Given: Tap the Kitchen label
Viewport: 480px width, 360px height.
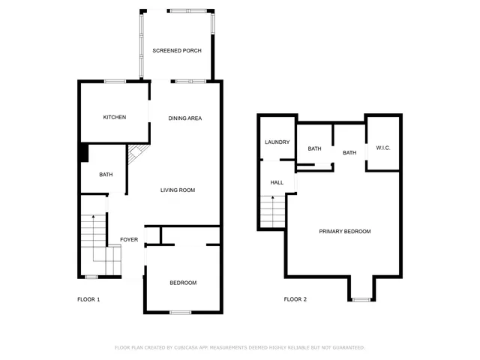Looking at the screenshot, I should click(x=115, y=117).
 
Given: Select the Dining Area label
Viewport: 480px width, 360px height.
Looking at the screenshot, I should click(x=184, y=118).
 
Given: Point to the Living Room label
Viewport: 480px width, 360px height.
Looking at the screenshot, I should click(x=178, y=190).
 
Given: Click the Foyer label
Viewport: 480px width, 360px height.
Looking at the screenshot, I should click(x=129, y=240).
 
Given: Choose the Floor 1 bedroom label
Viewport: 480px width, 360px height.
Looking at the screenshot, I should click(x=183, y=283).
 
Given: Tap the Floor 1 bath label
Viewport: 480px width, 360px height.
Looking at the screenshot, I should click(x=106, y=175).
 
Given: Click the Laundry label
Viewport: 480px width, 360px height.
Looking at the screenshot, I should click(x=277, y=142).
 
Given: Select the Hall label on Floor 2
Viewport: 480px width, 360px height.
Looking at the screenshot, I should click(x=277, y=182).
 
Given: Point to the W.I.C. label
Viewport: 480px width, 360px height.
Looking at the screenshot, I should click(x=383, y=148).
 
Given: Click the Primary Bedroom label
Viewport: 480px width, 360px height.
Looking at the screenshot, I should click(x=345, y=232).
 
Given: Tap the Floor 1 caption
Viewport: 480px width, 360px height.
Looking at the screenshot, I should click(x=88, y=299).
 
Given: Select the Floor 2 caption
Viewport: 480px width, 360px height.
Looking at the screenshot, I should click(x=295, y=299).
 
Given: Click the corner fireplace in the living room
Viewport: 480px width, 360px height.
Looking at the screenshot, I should click(x=136, y=157).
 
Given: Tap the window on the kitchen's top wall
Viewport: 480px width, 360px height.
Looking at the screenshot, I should click(x=115, y=81).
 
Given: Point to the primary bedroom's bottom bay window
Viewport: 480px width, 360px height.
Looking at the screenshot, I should click(x=361, y=299).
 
